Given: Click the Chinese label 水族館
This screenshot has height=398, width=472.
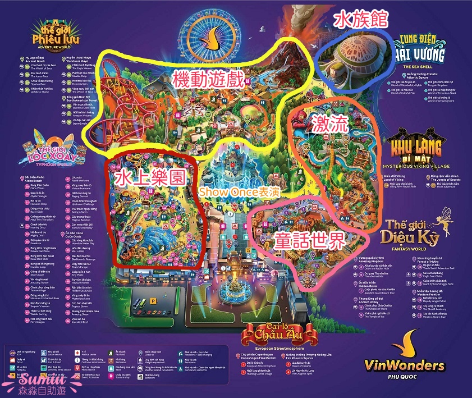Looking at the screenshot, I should click(x=361, y=20).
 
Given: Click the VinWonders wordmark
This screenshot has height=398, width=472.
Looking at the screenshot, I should click(x=404, y=365).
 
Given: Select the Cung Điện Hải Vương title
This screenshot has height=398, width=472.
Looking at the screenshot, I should click(x=422, y=50).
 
